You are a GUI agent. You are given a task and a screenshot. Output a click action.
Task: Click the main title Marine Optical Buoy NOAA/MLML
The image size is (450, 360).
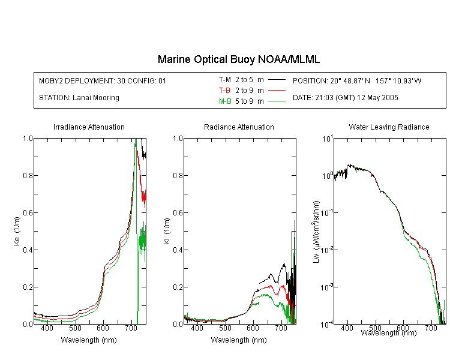tap(238, 59)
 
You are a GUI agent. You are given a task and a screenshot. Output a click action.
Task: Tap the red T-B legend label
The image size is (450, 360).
tap(224, 91)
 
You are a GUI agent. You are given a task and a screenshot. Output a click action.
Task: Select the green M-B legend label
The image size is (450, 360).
tap(225, 101)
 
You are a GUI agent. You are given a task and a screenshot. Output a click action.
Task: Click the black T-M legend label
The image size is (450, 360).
tap(225, 80)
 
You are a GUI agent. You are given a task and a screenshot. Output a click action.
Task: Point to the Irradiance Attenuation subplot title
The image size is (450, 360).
tap(89, 127)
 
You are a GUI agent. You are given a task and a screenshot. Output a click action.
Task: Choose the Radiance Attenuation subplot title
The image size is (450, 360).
tap(239, 127)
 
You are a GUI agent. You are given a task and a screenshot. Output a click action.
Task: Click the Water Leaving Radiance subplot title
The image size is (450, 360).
tap(389, 127)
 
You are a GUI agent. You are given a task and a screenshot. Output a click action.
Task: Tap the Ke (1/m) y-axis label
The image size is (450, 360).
tap(17, 231)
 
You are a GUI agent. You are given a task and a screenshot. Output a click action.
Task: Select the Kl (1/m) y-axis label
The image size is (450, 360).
tap(167, 231)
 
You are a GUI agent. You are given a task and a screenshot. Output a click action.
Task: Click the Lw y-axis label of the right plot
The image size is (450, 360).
tap(316, 232)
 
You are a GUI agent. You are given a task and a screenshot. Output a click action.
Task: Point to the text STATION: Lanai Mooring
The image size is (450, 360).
tap(79, 98)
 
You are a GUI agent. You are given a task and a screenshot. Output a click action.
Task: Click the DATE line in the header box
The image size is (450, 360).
tap(345, 98)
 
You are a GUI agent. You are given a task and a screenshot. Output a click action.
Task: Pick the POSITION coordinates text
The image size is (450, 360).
tap(357, 80)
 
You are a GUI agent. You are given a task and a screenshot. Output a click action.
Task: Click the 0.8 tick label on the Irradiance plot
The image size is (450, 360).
tap(28, 175)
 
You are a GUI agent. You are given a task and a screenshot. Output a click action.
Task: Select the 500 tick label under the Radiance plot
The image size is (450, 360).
tap(225, 328)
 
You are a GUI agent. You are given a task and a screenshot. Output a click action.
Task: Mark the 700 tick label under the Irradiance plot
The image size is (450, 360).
tap(131, 328)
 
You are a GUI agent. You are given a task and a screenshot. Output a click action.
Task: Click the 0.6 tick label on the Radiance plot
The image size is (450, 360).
tap(178, 213)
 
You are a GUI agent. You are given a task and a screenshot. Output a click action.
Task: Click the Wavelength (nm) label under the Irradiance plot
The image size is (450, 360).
tap(89, 340)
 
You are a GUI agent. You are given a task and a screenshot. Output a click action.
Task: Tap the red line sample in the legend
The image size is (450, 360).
tap(277, 91)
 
